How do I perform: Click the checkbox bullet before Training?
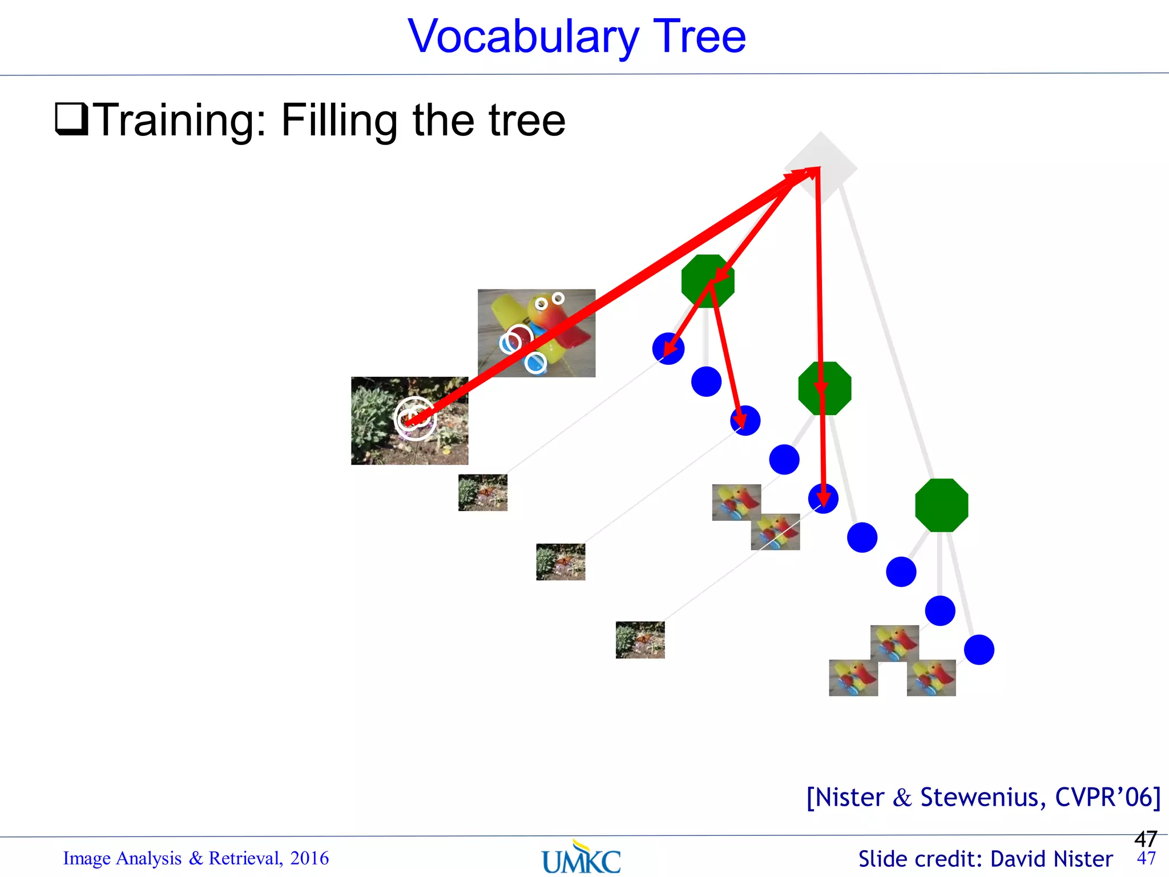71,119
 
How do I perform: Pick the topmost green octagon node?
707,281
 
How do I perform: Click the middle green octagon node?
824,388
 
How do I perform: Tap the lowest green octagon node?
941,505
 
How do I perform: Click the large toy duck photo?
536,333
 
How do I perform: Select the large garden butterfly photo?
409,421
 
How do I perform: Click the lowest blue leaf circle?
979,650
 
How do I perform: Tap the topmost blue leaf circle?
668,348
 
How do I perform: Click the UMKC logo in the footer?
581,858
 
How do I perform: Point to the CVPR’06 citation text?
1107,798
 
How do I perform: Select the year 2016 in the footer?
309,858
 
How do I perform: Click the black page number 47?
1145,839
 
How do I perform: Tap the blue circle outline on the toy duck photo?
535,363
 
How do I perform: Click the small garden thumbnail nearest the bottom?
640,639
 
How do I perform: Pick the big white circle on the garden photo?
416,419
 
